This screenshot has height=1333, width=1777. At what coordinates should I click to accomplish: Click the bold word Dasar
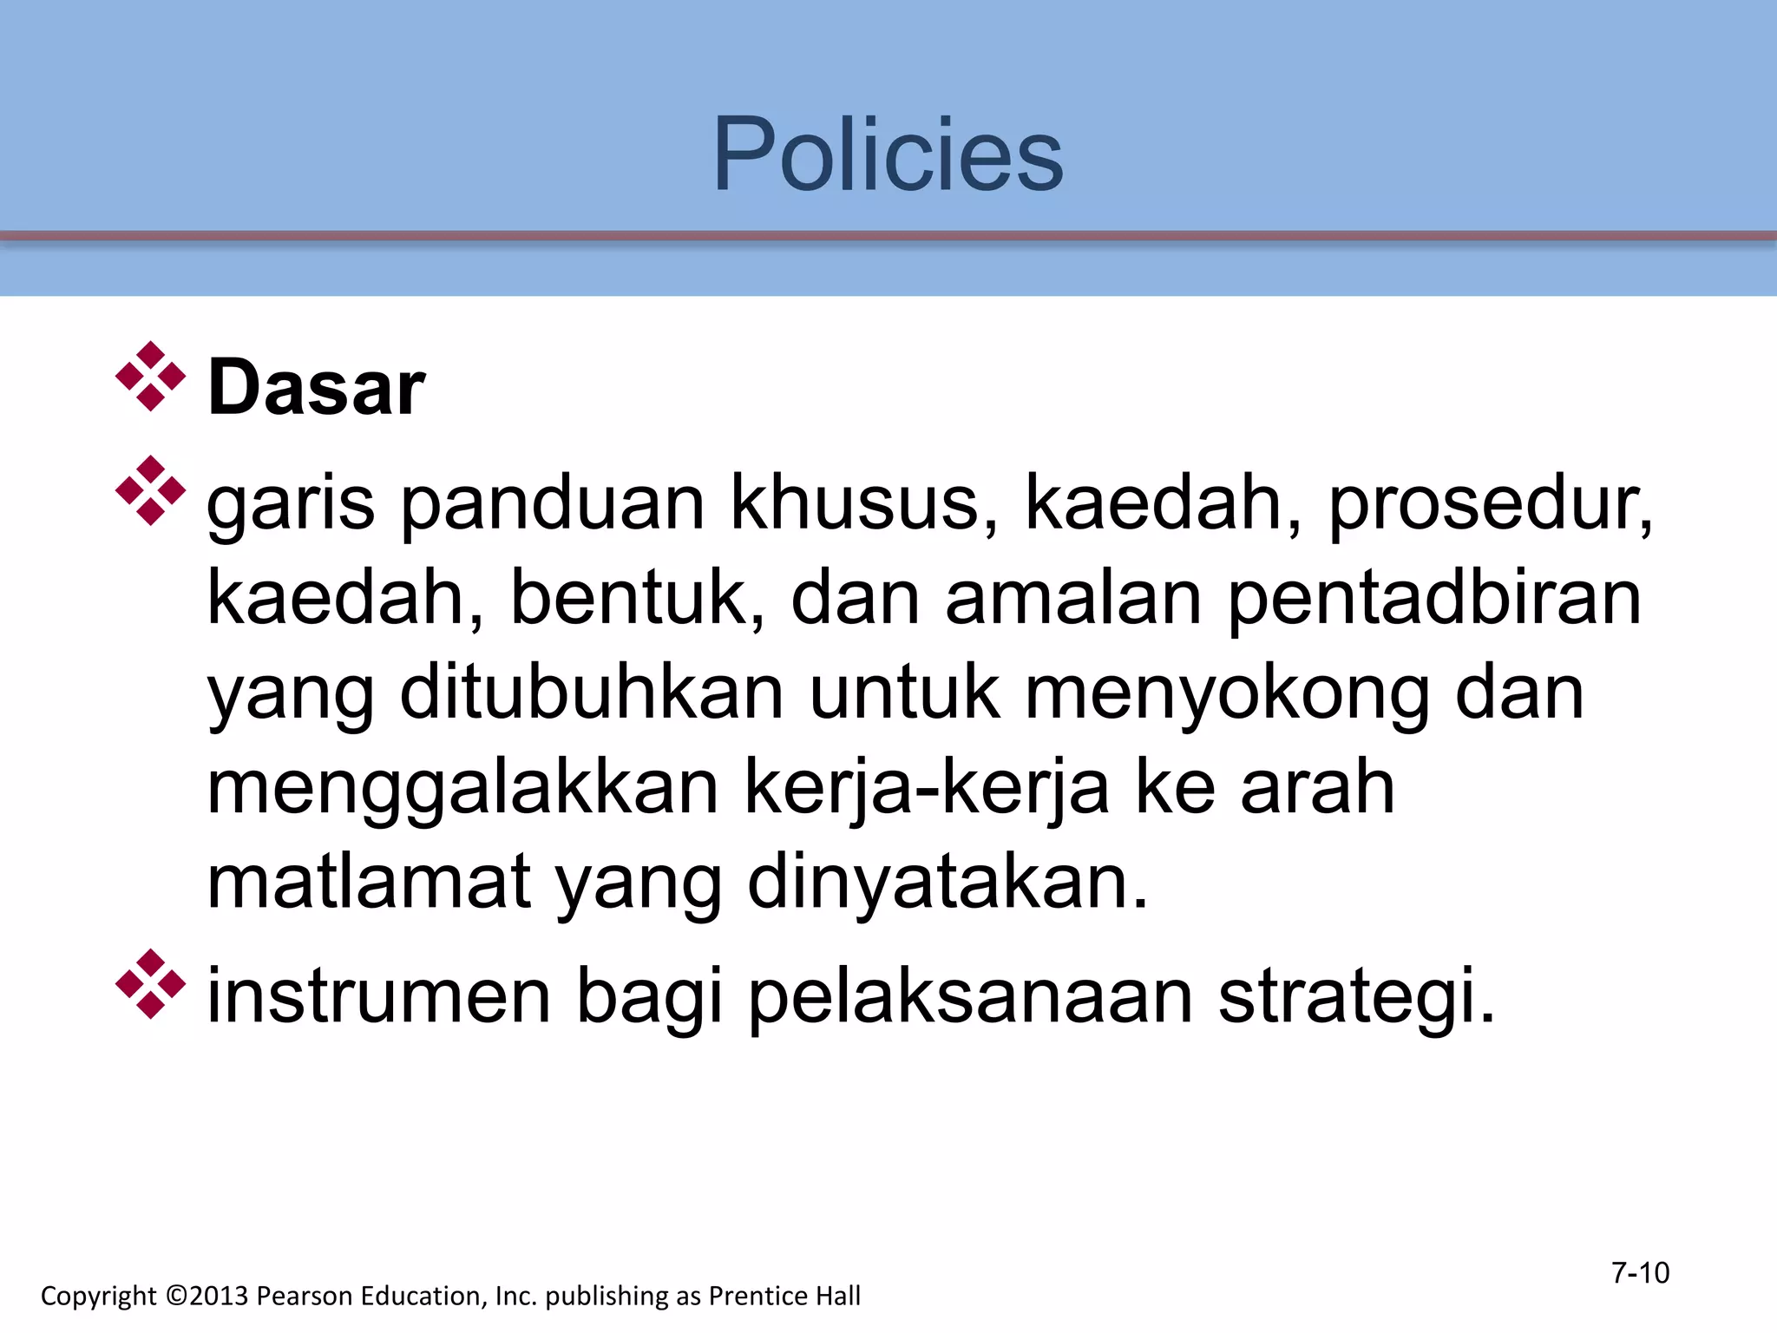[317, 388]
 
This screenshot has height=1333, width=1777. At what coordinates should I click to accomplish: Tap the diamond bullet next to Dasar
[150, 377]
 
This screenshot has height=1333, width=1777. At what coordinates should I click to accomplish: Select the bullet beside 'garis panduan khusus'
[150, 490]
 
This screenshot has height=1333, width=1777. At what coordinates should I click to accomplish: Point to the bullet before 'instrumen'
[150, 984]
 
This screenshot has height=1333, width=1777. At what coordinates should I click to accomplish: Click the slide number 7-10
[1640, 1272]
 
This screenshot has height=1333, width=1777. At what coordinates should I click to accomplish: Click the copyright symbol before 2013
[176, 1296]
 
